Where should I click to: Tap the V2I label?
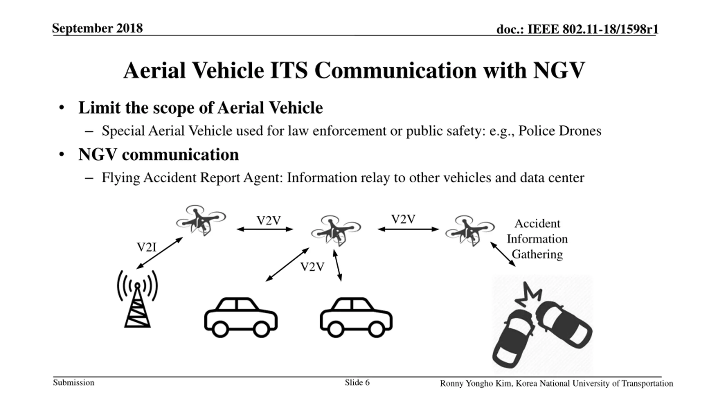[x=147, y=247]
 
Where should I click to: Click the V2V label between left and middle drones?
[x=269, y=221]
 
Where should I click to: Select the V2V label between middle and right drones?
[x=403, y=219]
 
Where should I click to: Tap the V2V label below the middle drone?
[x=312, y=267]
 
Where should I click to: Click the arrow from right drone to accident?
[x=503, y=254]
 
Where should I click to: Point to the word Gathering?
[x=537, y=254]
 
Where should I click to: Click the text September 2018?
[x=97, y=28]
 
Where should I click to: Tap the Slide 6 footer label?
[x=357, y=383]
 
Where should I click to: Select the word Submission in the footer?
[x=74, y=383]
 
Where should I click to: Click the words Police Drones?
[x=560, y=131]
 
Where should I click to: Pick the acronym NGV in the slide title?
[x=559, y=70]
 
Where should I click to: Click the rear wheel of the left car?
[x=220, y=329]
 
